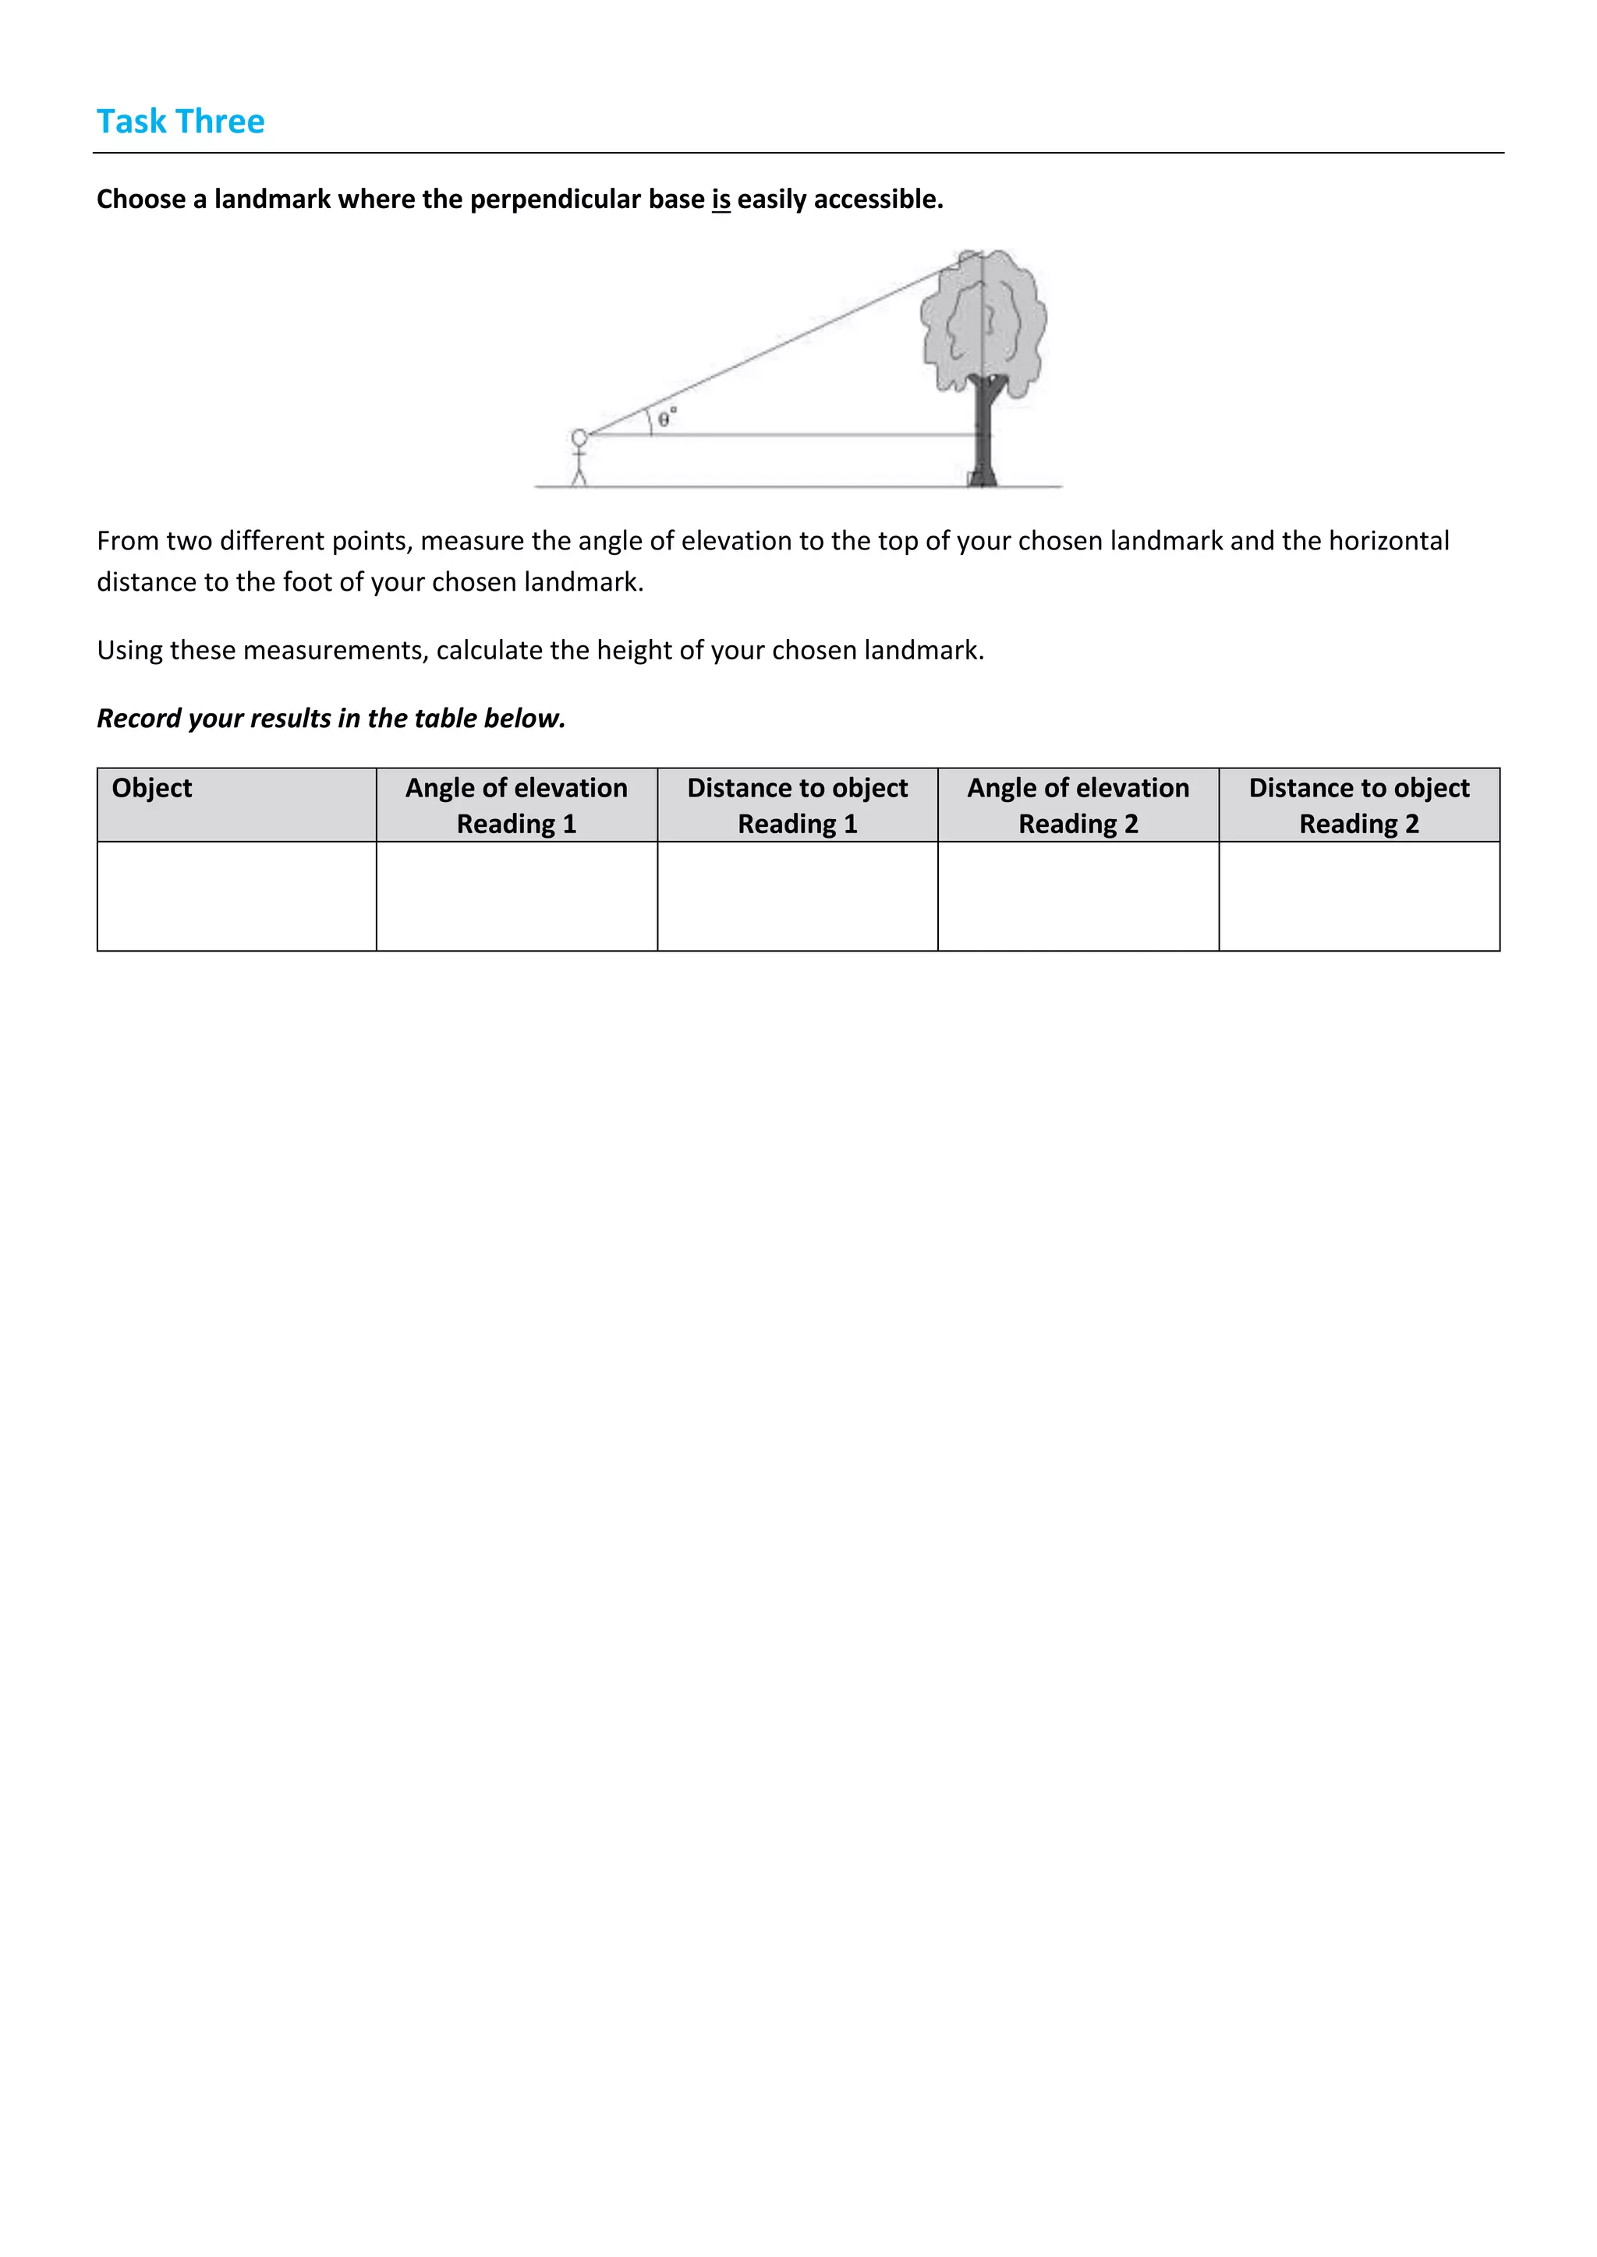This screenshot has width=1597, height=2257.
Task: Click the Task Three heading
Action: [x=180, y=121]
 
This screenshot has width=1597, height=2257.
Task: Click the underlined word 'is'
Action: [x=721, y=200]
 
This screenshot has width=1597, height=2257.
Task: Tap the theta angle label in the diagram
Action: [x=666, y=418]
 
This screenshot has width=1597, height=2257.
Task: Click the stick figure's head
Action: [x=579, y=437]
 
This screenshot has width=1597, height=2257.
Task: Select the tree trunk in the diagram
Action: [x=983, y=433]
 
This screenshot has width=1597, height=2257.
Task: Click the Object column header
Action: [x=152, y=789]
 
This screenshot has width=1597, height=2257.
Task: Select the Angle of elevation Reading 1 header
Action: [x=516, y=805]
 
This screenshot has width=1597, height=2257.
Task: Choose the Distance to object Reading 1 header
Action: [x=798, y=805]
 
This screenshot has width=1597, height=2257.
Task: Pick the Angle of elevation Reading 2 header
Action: [x=1078, y=805]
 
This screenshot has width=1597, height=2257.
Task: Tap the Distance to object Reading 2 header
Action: [x=1359, y=805]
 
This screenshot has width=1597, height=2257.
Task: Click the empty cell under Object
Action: [x=236, y=895]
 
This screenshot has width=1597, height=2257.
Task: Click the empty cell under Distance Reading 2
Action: [x=1359, y=895]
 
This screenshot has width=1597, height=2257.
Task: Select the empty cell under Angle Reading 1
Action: [x=516, y=895]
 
